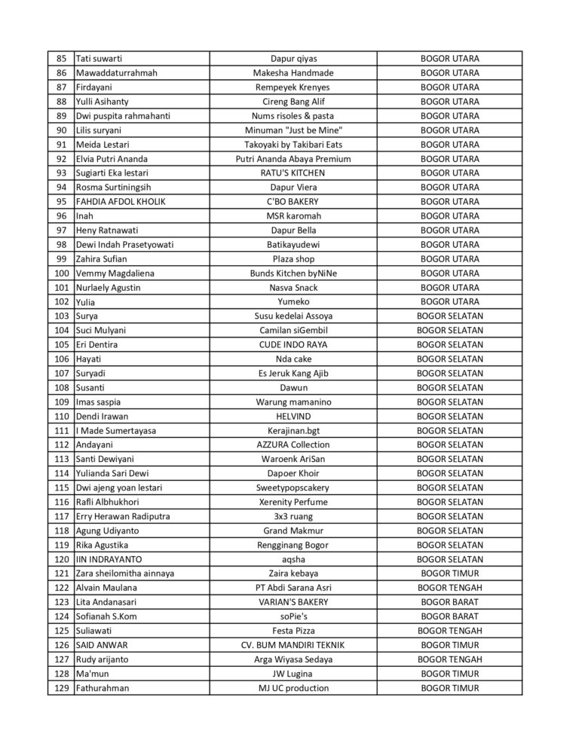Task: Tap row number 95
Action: point(61,202)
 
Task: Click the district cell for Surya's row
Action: point(450,316)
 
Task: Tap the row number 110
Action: point(62,416)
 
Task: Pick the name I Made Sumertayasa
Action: point(115,430)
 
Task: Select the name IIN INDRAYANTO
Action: point(109,559)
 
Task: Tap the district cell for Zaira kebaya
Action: point(450,573)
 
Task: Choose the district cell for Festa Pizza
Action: point(450,631)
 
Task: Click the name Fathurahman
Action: point(103,688)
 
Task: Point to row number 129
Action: point(62,688)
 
